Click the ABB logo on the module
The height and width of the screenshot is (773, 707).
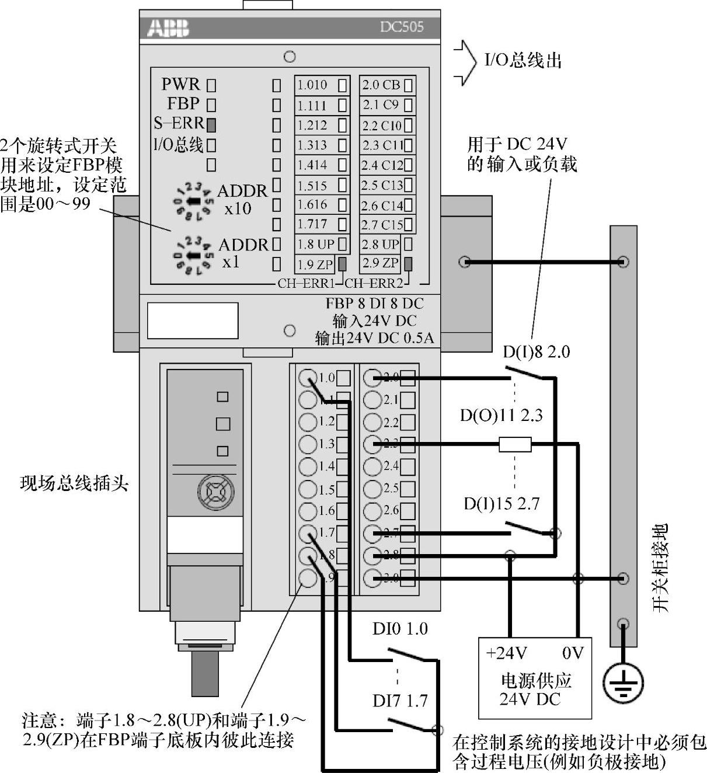click(x=168, y=27)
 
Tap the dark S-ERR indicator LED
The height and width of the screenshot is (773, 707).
click(x=211, y=124)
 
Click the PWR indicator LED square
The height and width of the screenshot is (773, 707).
click(x=211, y=85)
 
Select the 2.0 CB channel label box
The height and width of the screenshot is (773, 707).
click(x=387, y=85)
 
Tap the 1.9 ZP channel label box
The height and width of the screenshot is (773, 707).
click(x=322, y=264)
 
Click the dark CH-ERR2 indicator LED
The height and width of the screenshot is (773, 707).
click(x=408, y=263)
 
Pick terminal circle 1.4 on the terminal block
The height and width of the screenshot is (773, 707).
click(x=307, y=466)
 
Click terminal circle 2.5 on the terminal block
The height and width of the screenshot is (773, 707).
click(x=372, y=489)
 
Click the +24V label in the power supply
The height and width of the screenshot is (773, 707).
click(x=506, y=653)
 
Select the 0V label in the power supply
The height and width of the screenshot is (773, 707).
click(x=573, y=653)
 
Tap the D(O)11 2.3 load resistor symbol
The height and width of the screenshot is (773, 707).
click(x=515, y=445)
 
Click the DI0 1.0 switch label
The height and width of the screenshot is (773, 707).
click(x=400, y=629)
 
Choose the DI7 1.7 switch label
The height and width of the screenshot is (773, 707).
click(x=400, y=700)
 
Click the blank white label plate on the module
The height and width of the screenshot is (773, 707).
click(x=193, y=320)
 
